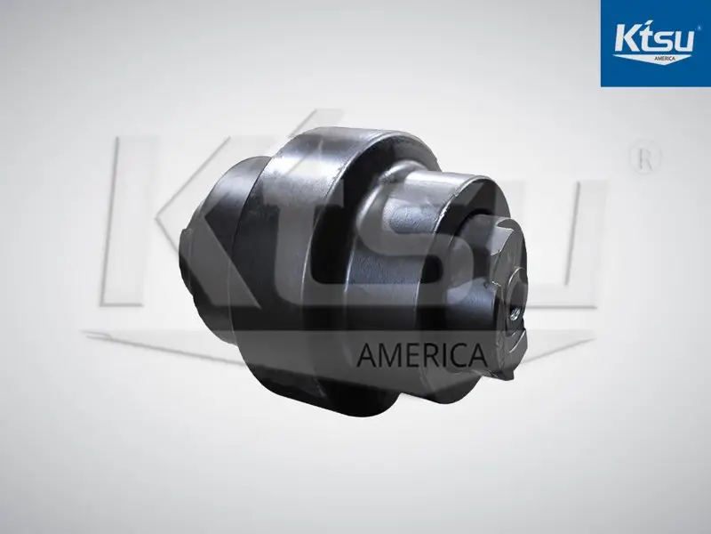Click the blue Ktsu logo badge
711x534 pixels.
(x=656, y=43)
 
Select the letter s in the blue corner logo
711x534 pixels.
(x=664, y=42)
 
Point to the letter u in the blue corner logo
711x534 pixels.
(x=684, y=42)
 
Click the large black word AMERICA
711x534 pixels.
(x=421, y=354)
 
